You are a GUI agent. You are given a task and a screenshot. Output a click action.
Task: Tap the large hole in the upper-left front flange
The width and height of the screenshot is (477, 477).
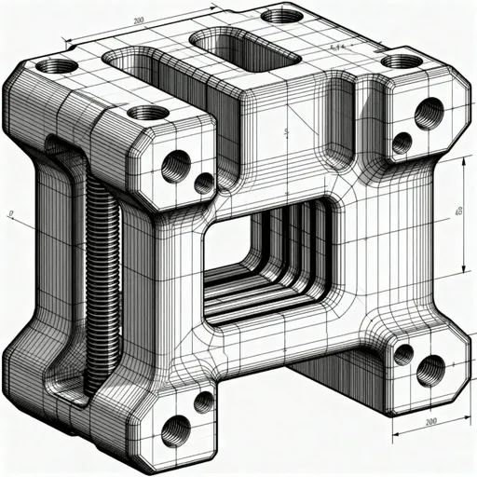[175, 167]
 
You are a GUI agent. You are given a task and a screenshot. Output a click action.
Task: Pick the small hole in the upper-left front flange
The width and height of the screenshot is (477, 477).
[203, 183]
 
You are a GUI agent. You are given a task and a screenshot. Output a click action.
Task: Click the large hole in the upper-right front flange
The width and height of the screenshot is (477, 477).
[429, 114]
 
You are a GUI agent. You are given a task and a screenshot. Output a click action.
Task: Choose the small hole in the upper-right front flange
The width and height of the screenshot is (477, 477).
[402, 143]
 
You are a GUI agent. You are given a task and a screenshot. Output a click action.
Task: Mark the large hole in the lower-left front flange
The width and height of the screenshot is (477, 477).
[175, 430]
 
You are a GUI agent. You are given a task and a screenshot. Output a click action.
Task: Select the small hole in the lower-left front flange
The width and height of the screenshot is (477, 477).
[203, 402]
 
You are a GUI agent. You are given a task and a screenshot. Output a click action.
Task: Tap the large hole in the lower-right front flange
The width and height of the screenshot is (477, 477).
[429, 370]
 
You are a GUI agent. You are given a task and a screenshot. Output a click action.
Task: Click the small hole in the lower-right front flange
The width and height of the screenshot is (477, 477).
[402, 353]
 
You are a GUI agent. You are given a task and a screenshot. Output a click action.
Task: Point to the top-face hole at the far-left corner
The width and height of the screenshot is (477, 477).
[58, 66]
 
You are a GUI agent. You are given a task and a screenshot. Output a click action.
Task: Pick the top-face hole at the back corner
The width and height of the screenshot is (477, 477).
[281, 16]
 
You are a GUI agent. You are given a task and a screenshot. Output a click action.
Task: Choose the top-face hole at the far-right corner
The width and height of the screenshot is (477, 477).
[402, 61]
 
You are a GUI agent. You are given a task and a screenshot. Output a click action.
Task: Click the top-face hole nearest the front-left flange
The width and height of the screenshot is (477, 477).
[147, 114]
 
